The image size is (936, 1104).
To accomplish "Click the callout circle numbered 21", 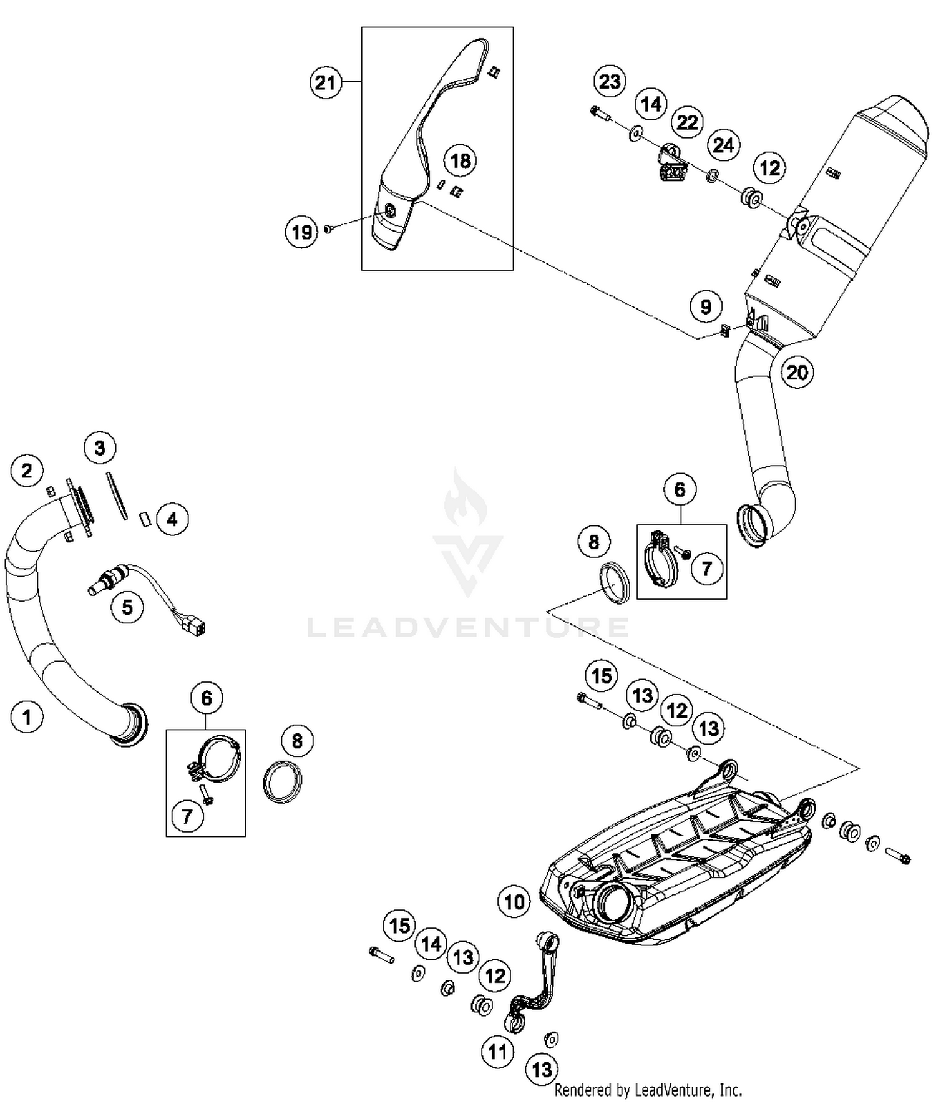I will pos(325,82).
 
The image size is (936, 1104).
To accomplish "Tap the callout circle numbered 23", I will pos(610,81).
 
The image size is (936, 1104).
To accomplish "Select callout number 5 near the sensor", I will pos(127,607).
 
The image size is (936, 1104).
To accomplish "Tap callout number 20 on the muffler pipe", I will pos(797,373).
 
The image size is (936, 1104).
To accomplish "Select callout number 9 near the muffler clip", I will pos(706,306).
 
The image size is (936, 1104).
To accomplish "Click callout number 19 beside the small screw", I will pos(301,232).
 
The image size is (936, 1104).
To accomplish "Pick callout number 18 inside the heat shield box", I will pos(461,160).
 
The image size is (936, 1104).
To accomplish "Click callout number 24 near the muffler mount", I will pos(723,145).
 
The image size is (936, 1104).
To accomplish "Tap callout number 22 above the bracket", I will pos(687,122).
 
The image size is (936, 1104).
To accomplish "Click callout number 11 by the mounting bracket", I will pos(497,1053).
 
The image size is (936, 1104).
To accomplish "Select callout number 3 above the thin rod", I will pos(100,447).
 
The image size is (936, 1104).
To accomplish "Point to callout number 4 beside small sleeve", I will pos(172,519).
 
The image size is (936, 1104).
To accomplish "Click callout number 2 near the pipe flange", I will pos(26,470).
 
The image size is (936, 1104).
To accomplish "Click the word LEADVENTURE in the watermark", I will pos(468,627).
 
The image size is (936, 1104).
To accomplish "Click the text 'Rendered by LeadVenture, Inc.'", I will pos(648,1090).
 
